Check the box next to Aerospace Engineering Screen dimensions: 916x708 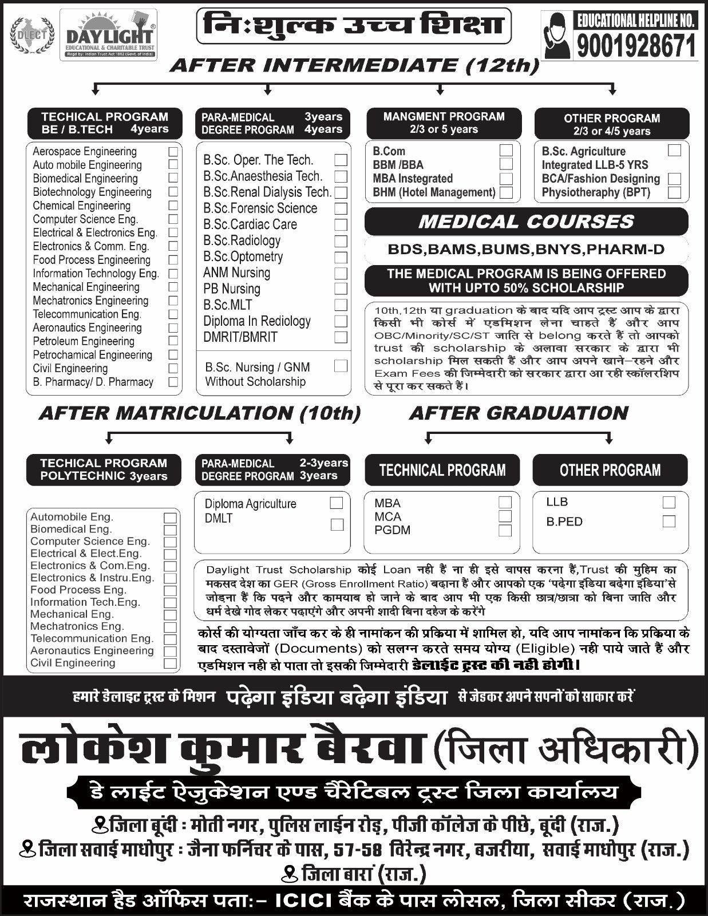pyautogui.click(x=173, y=152)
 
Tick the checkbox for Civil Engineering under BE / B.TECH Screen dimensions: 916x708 pyautogui.click(x=173, y=368)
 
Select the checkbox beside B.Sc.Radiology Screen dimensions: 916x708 pyautogui.click(x=341, y=241)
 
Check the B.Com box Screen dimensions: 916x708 pyautogui.click(x=506, y=151)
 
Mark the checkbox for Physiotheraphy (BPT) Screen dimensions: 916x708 pyautogui.click(x=675, y=192)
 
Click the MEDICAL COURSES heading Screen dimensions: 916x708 pyautogui.click(x=526, y=222)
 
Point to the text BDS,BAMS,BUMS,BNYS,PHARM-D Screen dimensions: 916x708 pyautogui.click(x=526, y=249)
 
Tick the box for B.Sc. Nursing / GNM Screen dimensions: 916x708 pyautogui.click(x=341, y=366)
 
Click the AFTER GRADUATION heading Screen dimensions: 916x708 pyautogui.click(x=519, y=413)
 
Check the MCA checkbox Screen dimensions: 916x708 pyautogui.click(x=505, y=516)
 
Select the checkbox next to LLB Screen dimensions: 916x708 pyautogui.click(x=669, y=502)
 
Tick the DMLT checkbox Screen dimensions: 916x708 pyautogui.click(x=337, y=524)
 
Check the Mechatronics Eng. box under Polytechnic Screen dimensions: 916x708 pyautogui.click(x=170, y=627)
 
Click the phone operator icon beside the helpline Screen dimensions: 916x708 pyautogui.click(x=557, y=36)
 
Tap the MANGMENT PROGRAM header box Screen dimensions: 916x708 pyautogui.click(x=444, y=123)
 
